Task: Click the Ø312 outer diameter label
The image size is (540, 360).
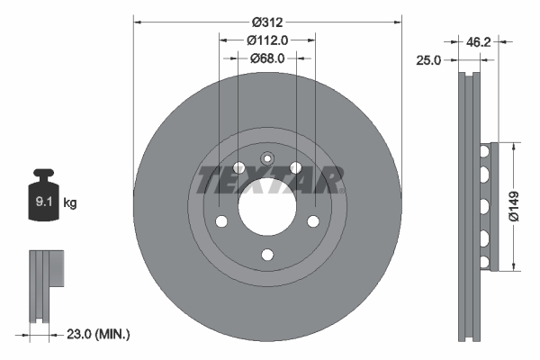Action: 266,21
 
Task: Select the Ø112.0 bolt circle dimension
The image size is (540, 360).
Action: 266,40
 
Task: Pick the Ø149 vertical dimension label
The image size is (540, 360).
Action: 513,205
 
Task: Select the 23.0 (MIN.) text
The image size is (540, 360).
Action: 99,334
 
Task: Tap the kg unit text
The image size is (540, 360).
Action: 70,203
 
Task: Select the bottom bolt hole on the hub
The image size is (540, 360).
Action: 266,255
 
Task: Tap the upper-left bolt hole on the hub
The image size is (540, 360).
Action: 238,167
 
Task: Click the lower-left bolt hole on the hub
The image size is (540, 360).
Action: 220,221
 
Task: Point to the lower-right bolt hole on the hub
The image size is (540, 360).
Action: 313,221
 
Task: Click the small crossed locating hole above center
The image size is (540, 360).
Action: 266,159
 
